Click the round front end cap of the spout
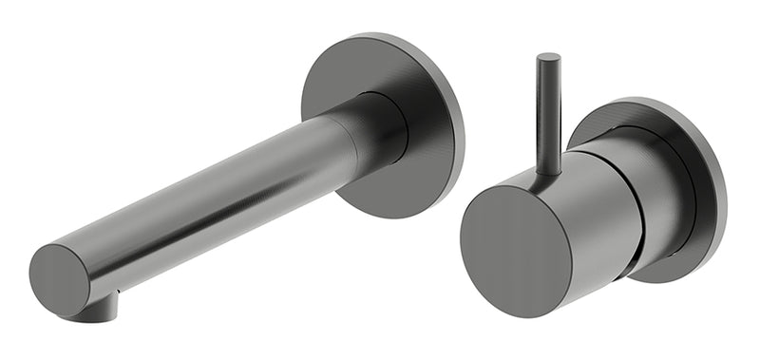tap(60, 279)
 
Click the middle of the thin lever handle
tap(548, 114)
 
